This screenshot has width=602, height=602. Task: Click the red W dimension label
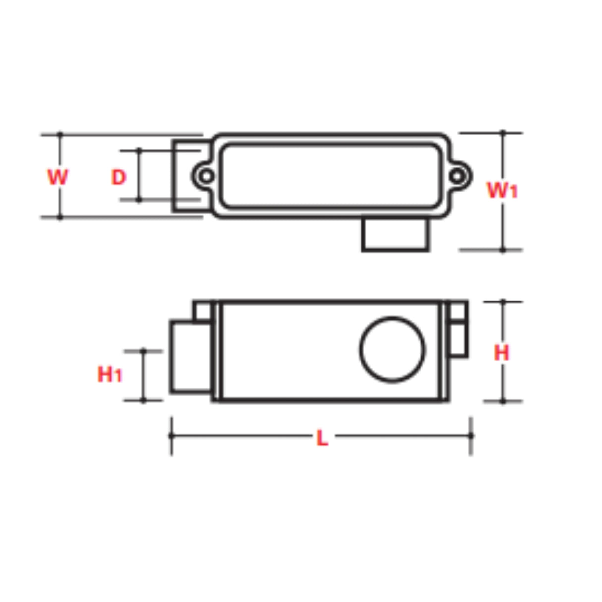(x=58, y=177)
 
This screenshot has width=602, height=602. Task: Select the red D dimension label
(x=119, y=177)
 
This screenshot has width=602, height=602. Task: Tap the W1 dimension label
(x=502, y=190)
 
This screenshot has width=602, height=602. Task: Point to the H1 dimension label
(x=109, y=374)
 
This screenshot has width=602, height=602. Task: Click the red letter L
(x=322, y=438)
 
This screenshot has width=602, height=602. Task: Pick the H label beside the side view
(x=501, y=353)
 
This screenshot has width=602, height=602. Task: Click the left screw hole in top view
(x=206, y=176)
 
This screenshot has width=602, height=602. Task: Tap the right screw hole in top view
(x=457, y=176)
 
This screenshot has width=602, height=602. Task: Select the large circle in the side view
(x=392, y=349)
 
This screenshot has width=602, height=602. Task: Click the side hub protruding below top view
(x=395, y=235)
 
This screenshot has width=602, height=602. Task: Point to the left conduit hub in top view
(x=186, y=176)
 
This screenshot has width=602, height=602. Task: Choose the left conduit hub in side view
(x=191, y=357)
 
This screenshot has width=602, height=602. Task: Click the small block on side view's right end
(x=457, y=339)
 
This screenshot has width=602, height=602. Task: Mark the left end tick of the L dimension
(x=172, y=436)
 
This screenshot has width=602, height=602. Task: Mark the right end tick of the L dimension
(x=471, y=436)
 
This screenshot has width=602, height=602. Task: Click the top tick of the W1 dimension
(x=503, y=133)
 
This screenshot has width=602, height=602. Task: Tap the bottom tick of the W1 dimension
(x=503, y=250)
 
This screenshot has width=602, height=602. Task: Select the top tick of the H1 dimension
(x=143, y=351)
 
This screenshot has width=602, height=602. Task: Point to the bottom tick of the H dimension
(x=503, y=401)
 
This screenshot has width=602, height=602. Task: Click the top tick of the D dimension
(x=139, y=149)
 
